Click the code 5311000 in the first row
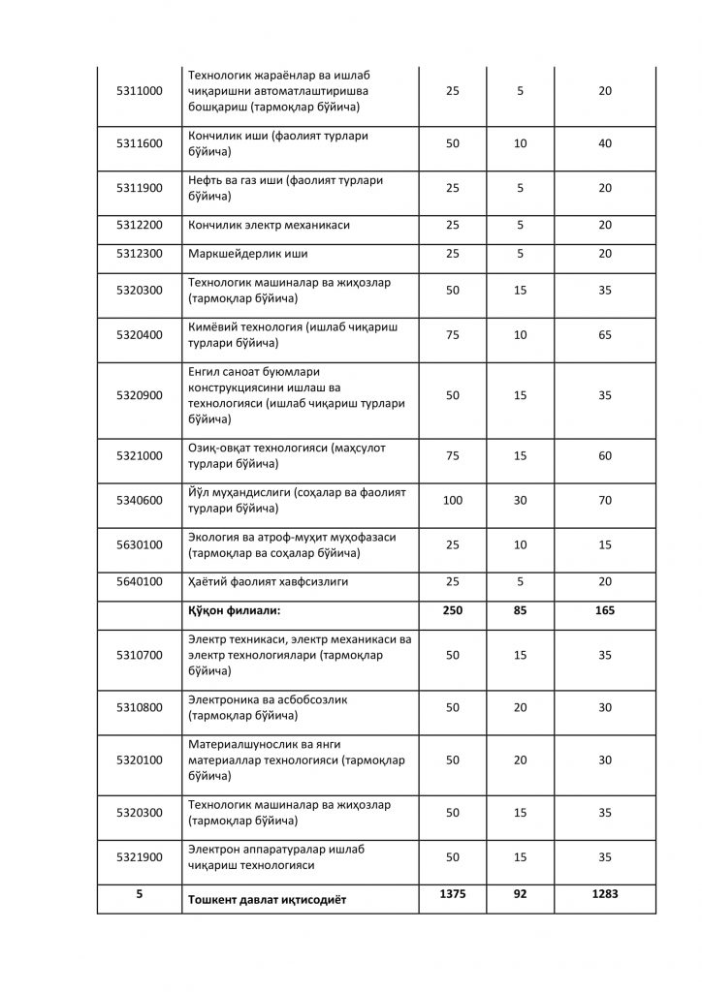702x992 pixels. point(139,91)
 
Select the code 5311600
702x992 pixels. point(139,144)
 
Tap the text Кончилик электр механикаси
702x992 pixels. point(269,225)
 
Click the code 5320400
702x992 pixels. point(139,335)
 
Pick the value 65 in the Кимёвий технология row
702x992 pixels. point(604,335)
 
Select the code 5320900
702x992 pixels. point(139,395)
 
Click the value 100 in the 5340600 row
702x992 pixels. point(452,500)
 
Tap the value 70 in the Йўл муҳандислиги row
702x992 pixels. point(604,500)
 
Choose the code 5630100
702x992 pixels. point(139,545)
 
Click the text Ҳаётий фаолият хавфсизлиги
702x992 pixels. point(268,582)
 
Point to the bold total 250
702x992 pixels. point(452,611)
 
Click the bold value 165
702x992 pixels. point(604,611)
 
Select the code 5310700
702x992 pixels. point(139,655)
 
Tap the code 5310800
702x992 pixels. point(139,708)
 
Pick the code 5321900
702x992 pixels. point(139,857)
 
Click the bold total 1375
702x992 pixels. point(452,894)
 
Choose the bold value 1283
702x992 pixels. point(604,894)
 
